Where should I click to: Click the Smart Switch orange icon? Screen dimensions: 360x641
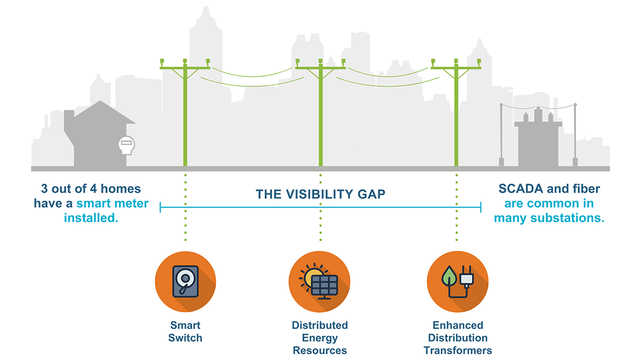(185, 281)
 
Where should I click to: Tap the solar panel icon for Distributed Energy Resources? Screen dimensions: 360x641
(319, 281)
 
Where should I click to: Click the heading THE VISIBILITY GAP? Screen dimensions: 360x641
(320, 194)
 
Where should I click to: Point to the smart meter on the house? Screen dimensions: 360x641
(126, 145)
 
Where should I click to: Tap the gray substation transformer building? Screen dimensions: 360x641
(537, 141)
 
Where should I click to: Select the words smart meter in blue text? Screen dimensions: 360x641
(112, 204)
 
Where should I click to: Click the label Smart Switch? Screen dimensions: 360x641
(185, 332)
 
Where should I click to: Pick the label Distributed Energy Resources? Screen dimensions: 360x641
(319, 338)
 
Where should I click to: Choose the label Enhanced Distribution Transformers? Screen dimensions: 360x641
(457, 338)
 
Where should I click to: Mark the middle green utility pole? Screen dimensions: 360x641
(320, 115)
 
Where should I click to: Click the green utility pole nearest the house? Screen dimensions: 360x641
(185, 115)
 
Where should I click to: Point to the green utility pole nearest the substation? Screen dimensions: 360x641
(457, 115)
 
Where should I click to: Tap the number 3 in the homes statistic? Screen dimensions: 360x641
(44, 189)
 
